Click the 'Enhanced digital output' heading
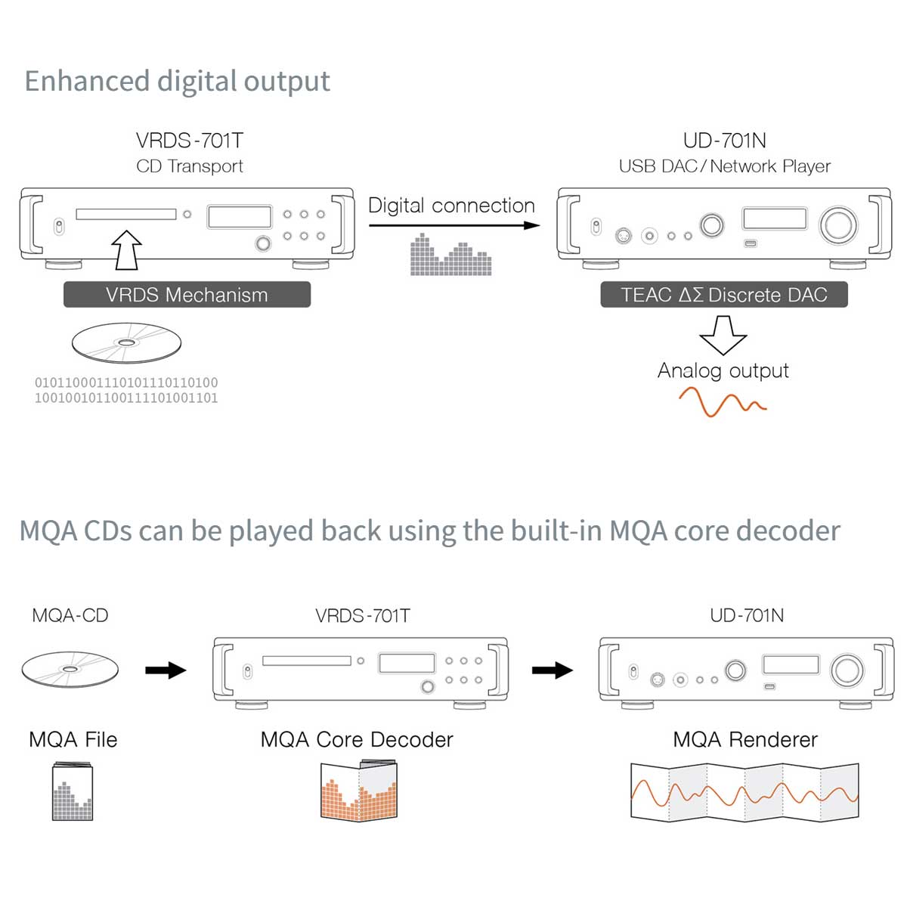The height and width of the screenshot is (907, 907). (x=177, y=81)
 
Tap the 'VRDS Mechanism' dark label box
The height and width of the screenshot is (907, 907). (x=187, y=295)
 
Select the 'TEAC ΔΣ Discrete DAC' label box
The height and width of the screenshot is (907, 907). (x=723, y=295)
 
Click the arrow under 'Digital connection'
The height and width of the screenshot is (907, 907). (x=453, y=225)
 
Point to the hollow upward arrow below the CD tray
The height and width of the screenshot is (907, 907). (x=126, y=250)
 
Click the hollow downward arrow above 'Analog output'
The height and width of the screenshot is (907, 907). (x=723, y=335)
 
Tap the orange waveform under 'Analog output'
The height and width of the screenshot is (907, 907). (x=722, y=402)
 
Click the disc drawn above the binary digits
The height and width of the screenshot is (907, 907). (x=126, y=343)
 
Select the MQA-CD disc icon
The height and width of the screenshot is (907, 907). (x=70, y=669)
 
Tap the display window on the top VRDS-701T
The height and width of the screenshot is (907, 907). (x=240, y=217)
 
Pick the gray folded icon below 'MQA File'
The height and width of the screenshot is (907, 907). (x=73, y=792)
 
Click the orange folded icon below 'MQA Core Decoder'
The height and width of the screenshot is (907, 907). (x=359, y=791)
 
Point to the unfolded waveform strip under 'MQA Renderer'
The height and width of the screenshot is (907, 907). (x=744, y=792)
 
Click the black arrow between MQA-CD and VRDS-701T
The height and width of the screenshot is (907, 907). (x=166, y=670)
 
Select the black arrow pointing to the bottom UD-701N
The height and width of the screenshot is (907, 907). (x=553, y=670)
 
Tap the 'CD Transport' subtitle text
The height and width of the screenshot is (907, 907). (x=190, y=166)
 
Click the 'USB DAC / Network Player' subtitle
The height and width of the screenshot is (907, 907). (x=724, y=166)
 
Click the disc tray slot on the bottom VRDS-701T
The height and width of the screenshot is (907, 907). (x=306, y=661)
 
